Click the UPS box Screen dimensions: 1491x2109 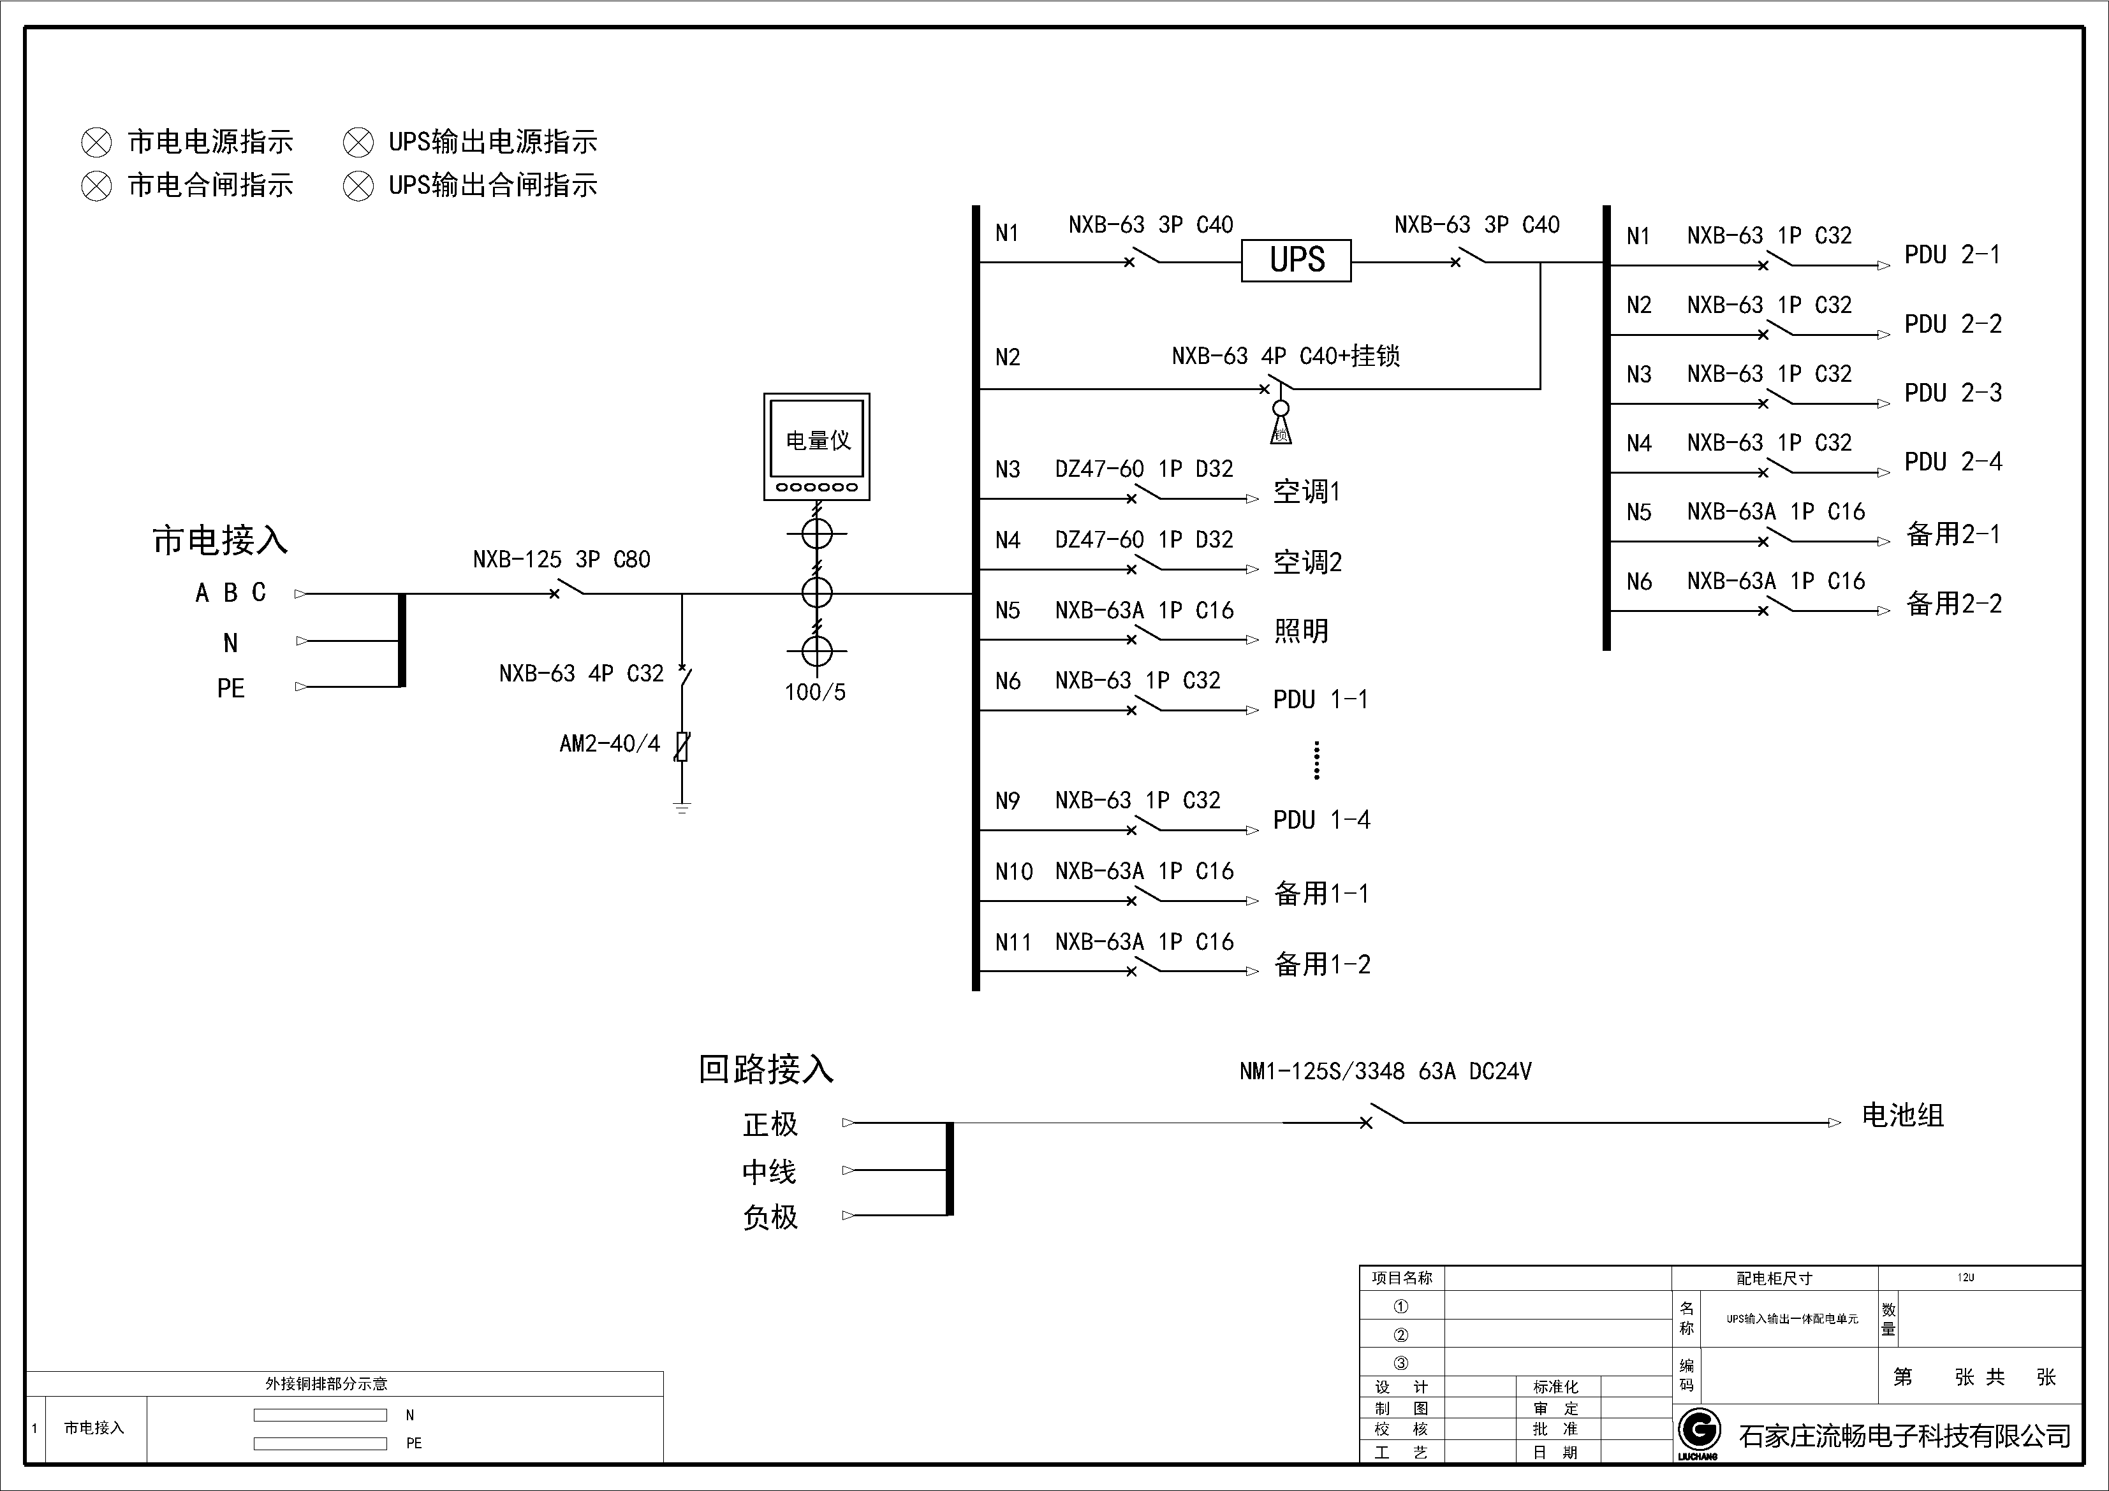click(x=1296, y=261)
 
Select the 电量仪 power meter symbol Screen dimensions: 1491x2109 click(x=816, y=447)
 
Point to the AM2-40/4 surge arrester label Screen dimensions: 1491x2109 click(x=609, y=744)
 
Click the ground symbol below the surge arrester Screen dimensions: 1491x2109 click(x=682, y=808)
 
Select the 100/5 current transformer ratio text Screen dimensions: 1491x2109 click(x=815, y=692)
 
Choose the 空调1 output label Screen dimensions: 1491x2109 click(x=1306, y=492)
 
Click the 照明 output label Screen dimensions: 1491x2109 click(x=1301, y=630)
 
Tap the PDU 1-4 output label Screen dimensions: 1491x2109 click(x=1321, y=820)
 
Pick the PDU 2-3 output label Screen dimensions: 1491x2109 click(x=1953, y=393)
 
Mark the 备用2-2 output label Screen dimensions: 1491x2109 click(x=1954, y=604)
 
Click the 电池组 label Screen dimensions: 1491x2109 click(x=1902, y=1116)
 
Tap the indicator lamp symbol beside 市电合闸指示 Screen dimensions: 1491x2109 click(x=96, y=185)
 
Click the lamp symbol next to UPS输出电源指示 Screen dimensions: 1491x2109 click(x=358, y=142)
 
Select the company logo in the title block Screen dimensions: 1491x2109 click(x=1698, y=1431)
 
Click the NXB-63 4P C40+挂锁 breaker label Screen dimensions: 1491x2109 click(x=1285, y=356)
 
